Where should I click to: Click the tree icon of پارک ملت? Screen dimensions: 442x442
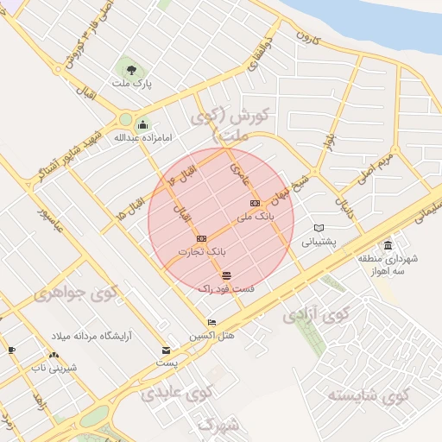click(130, 69)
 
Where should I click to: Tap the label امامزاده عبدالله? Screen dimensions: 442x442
click(138, 137)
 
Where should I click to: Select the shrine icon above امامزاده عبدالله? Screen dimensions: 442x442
click(142, 123)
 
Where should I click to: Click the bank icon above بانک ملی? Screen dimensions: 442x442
click(254, 204)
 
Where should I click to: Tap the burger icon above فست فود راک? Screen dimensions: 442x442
click(226, 275)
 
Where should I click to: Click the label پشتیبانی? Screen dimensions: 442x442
click(319, 243)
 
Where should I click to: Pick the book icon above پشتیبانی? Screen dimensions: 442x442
click(319, 228)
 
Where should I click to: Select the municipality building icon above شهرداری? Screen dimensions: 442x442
click(388, 244)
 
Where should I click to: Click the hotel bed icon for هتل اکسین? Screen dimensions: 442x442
click(212, 323)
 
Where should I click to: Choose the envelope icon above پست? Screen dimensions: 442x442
click(166, 350)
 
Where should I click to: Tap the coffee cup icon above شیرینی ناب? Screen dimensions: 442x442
click(11, 350)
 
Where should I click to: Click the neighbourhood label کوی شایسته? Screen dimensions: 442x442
click(366, 396)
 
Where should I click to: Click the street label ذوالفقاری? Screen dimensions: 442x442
click(266, 54)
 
